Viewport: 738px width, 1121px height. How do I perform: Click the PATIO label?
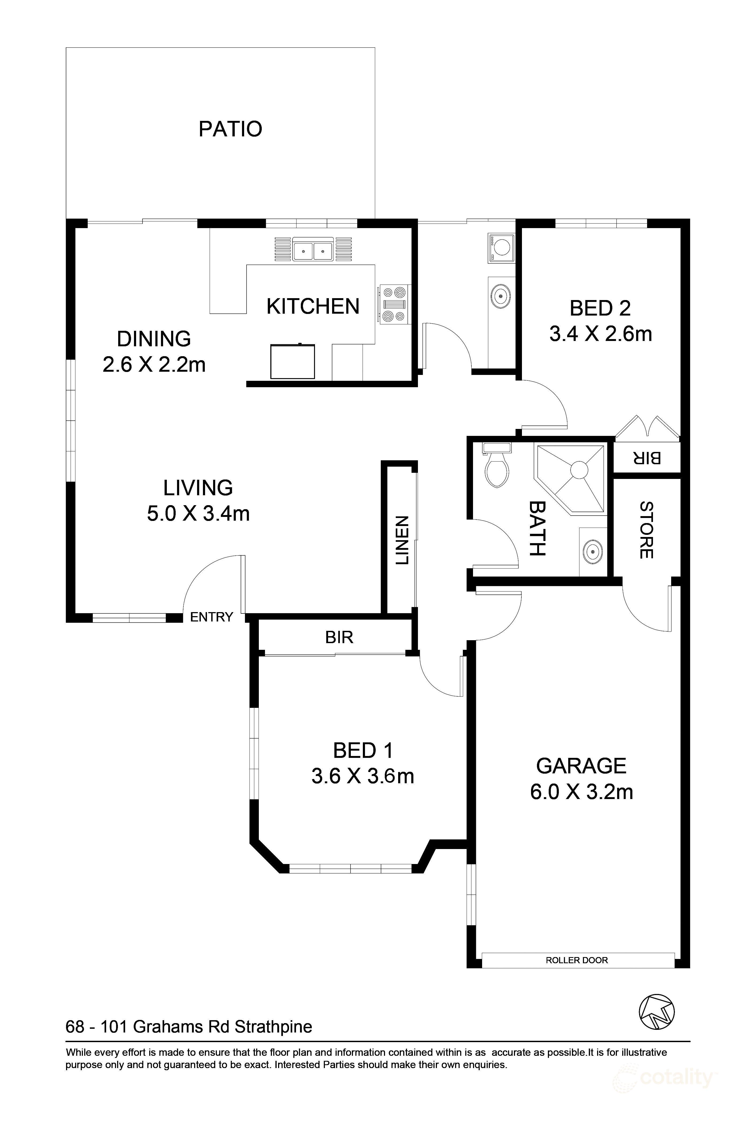230,129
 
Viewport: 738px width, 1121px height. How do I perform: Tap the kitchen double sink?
313,249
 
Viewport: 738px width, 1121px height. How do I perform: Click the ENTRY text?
212,617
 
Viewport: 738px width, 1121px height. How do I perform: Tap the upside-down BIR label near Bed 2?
647,457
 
